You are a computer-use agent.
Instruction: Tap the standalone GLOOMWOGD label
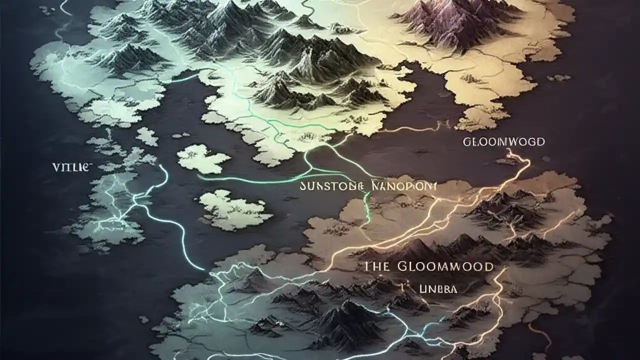pos(503,142)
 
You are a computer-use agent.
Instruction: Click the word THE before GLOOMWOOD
pos(376,266)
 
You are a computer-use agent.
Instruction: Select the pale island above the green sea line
pos(202,158)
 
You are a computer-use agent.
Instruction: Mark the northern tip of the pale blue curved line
pos(161,166)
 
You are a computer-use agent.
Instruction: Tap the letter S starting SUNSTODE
pos(302,186)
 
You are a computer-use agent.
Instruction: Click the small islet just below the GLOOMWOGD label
pos(507,161)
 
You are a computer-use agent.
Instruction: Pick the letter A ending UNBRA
pos(453,289)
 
